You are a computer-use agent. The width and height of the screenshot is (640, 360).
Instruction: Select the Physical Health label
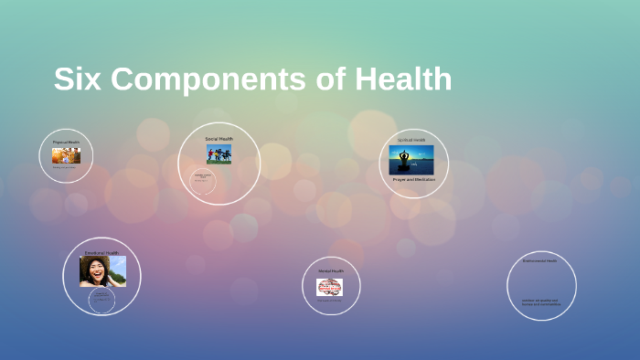[x=66, y=143]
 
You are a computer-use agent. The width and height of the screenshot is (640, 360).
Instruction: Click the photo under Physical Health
[x=66, y=155]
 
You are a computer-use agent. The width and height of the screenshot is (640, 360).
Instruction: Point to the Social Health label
[x=219, y=139]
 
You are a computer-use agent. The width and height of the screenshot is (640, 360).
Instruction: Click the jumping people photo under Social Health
[x=219, y=154]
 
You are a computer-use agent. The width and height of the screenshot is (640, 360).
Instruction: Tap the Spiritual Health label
[x=411, y=140]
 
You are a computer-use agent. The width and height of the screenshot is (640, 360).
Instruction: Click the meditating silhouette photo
[x=411, y=160]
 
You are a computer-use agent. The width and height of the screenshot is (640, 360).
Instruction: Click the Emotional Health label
[x=101, y=252]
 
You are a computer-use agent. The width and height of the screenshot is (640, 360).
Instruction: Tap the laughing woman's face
[x=94, y=270]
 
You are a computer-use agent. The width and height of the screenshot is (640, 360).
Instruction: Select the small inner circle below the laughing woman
[x=101, y=300]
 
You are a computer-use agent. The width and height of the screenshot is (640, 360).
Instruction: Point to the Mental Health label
[x=331, y=270]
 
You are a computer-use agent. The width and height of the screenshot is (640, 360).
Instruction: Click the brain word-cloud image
[x=330, y=288]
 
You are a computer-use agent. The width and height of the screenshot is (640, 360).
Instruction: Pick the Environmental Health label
[x=539, y=261]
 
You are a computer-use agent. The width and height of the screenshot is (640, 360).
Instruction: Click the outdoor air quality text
[x=540, y=301]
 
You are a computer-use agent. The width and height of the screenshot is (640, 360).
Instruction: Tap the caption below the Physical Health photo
[x=64, y=167]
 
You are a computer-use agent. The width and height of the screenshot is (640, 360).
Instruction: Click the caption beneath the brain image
[x=329, y=301]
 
